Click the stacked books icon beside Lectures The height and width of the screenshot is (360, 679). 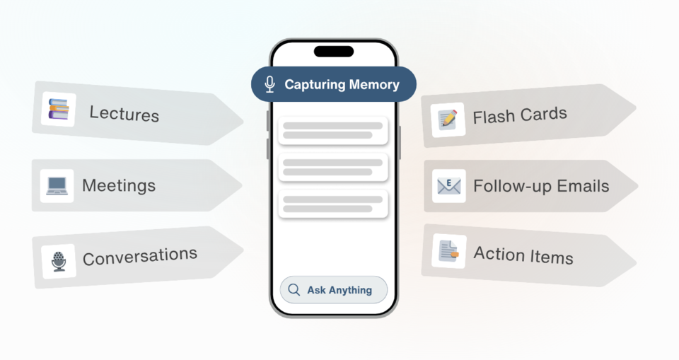point(58,110)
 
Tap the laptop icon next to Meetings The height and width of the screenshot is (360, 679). point(57,186)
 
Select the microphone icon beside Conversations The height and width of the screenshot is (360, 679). point(59,261)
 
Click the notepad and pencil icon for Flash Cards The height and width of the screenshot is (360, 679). point(447,120)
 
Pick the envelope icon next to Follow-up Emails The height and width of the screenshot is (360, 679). point(448,186)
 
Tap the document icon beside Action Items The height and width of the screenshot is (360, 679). point(448,251)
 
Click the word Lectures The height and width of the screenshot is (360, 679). point(124,113)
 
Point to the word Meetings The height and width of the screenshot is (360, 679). point(118,185)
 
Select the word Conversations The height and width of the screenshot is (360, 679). point(139,257)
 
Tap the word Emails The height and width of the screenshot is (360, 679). point(581,186)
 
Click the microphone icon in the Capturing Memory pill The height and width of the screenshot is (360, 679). point(269,85)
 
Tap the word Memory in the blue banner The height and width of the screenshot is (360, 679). point(373,85)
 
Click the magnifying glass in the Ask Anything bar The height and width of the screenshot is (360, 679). point(294,290)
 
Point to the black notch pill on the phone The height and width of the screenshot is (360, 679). point(334,52)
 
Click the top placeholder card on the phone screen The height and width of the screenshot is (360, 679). point(333,130)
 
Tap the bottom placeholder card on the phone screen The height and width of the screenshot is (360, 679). point(333,204)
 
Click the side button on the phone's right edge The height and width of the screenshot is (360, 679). point(400,142)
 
